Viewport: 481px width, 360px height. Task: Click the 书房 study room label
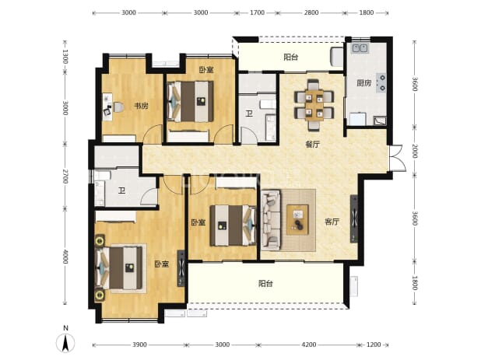(x=141, y=106)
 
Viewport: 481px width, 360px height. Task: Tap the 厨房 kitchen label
(x=364, y=83)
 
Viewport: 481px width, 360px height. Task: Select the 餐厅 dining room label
(x=313, y=145)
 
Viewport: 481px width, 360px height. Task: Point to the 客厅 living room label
(x=332, y=222)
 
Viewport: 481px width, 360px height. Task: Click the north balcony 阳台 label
(x=291, y=58)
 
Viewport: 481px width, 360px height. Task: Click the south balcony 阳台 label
(x=265, y=283)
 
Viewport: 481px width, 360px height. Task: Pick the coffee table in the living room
(x=297, y=220)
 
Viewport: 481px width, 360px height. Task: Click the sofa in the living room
(x=271, y=220)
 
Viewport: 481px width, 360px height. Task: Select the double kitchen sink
(x=360, y=48)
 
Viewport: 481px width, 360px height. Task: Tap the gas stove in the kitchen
(x=382, y=82)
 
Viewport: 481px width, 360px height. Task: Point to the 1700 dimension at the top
(x=257, y=13)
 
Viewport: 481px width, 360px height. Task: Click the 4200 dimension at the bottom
(x=308, y=345)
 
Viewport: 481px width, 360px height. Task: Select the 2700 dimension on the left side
(x=65, y=177)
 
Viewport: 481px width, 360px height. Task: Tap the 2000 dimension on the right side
(x=414, y=152)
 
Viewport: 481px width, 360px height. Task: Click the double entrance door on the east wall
(x=398, y=158)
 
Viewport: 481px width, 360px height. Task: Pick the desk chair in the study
(x=119, y=107)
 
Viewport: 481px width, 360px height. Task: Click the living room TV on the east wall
(x=354, y=218)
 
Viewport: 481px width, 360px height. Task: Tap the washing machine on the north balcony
(x=336, y=57)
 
